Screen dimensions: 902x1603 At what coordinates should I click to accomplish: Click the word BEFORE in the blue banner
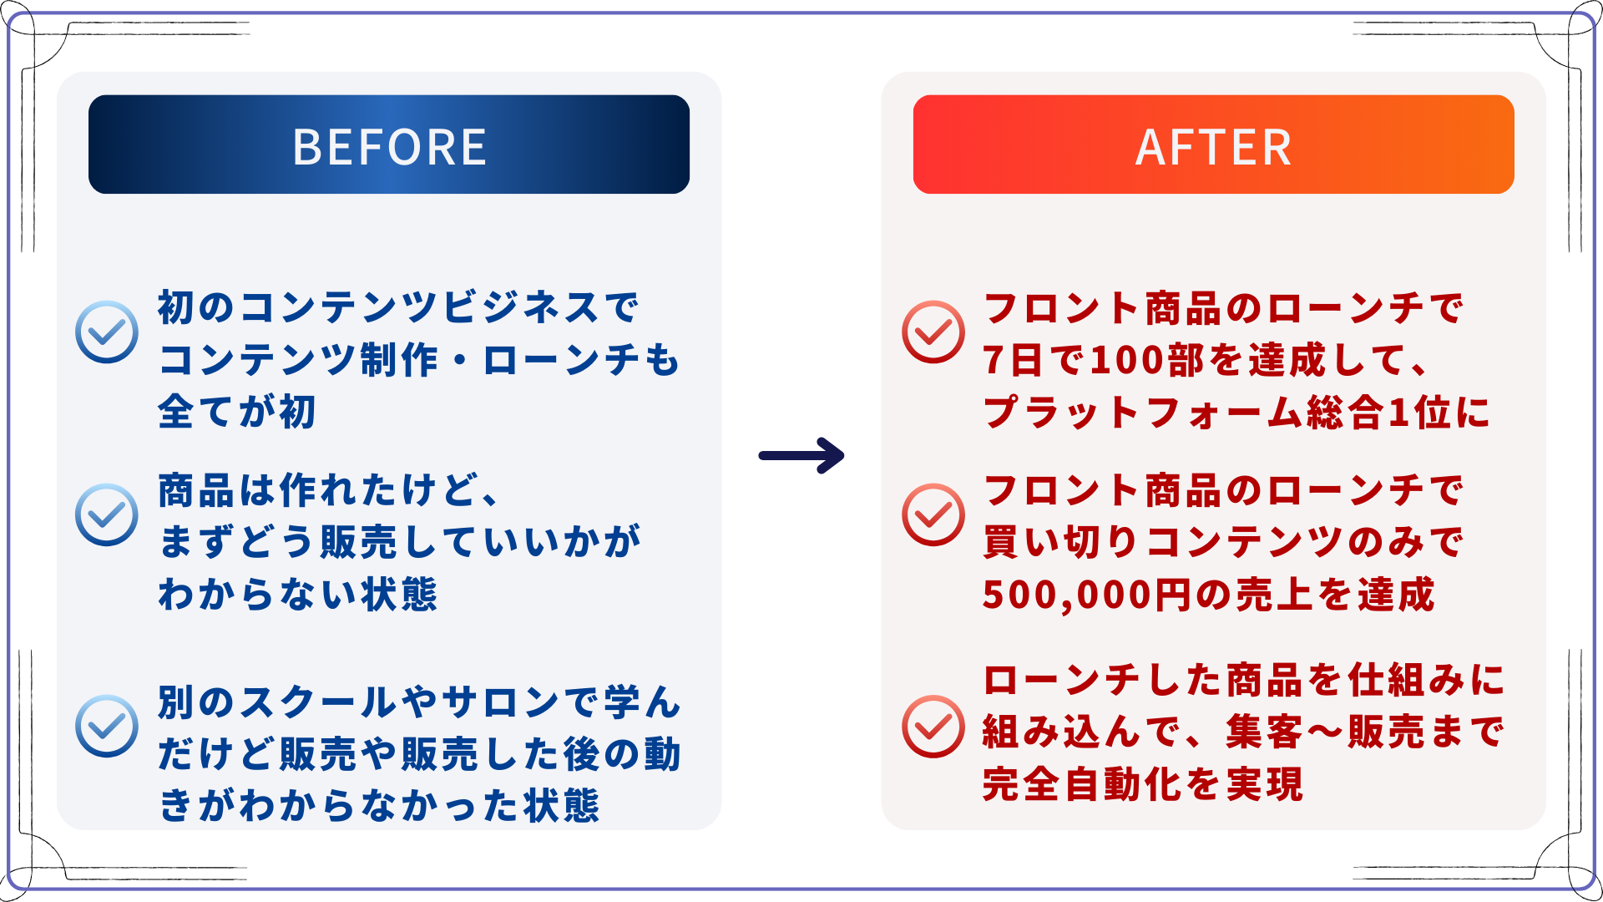click(x=389, y=147)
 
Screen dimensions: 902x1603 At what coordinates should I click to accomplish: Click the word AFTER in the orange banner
click(x=1213, y=147)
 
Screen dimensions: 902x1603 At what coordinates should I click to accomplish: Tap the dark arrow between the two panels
click(x=801, y=456)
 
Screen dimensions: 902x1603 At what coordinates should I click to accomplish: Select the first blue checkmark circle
click(x=107, y=332)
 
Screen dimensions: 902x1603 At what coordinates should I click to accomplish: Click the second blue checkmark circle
click(x=107, y=514)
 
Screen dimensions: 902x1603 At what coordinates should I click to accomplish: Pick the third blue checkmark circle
click(x=107, y=726)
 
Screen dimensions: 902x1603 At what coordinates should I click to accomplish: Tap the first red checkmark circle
click(x=933, y=332)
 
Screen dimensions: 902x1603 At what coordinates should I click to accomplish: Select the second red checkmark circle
click(x=933, y=514)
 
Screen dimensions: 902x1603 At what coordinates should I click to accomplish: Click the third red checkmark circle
click(x=933, y=726)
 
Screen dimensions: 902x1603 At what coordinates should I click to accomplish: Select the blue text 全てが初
click(x=237, y=412)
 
